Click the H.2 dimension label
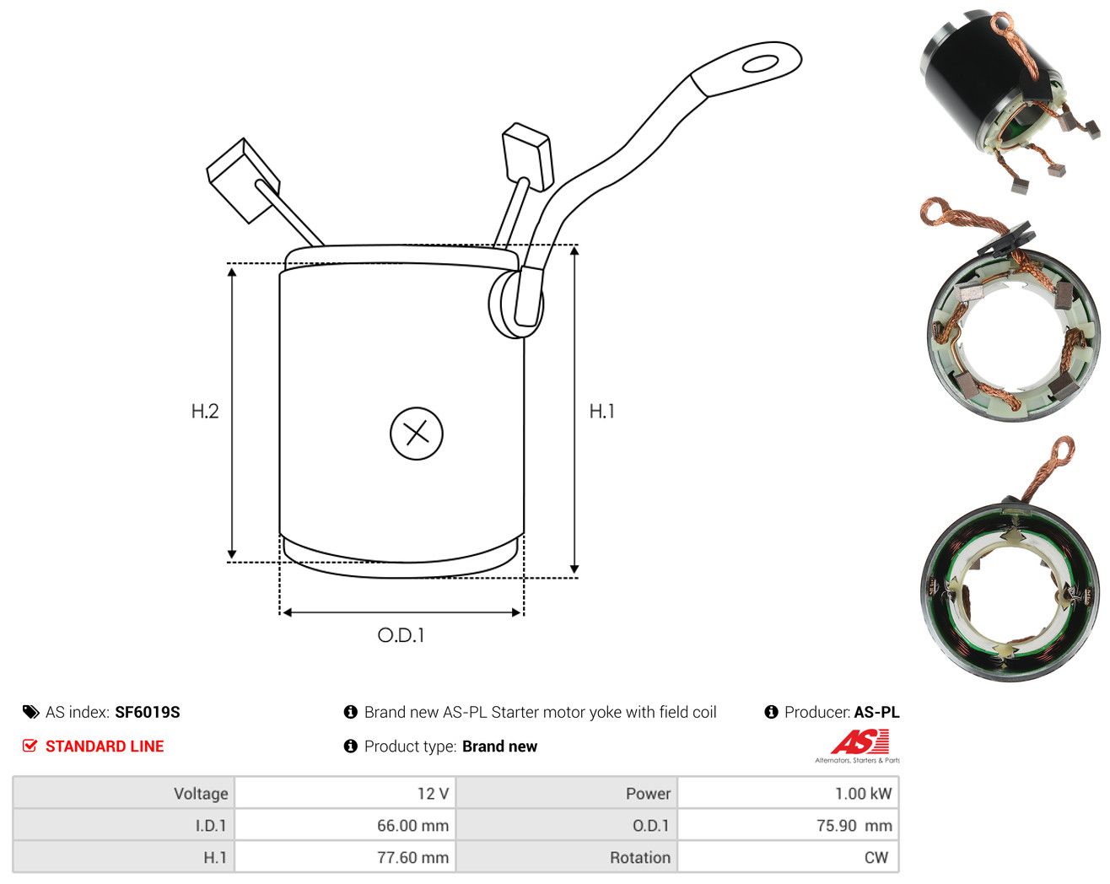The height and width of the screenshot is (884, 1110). (205, 411)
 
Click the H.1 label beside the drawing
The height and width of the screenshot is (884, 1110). (602, 411)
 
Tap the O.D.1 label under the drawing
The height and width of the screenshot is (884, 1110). (401, 635)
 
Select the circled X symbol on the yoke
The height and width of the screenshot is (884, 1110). (417, 434)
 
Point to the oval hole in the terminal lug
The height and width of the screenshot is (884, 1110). (760, 64)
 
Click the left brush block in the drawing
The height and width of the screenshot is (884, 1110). (243, 181)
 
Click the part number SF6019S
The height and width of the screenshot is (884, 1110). (148, 712)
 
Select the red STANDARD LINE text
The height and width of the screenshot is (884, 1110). (105, 747)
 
